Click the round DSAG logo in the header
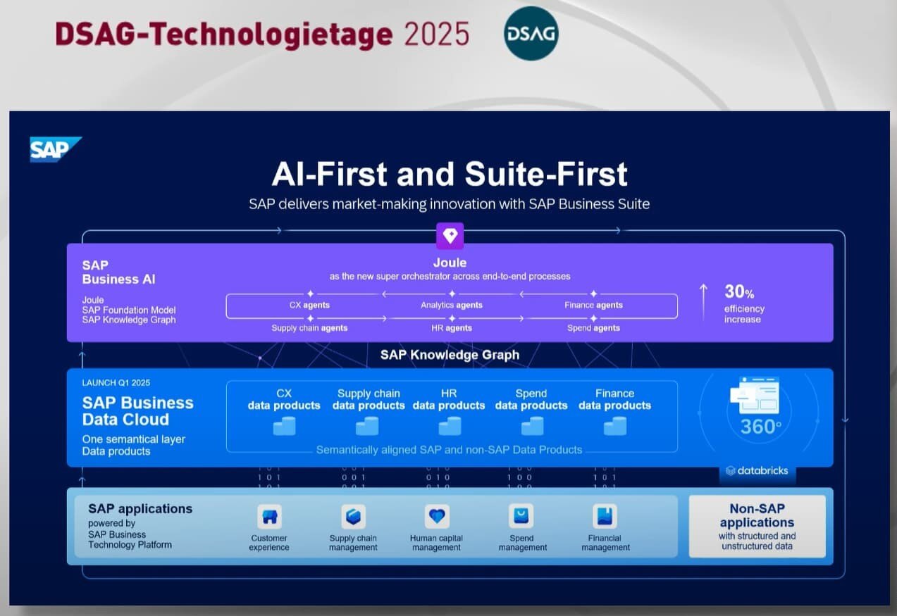tap(531, 33)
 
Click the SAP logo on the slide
tap(54, 149)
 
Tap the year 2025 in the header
tap(437, 34)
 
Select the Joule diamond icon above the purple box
tap(450, 236)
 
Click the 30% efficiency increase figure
tap(739, 291)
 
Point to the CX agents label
tap(309, 305)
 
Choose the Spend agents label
tap(593, 328)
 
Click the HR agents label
tap(451, 328)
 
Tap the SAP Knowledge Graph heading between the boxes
tap(450, 355)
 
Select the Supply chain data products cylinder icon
tap(367, 426)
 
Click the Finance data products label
tap(614, 399)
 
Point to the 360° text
tap(760, 427)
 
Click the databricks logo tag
tap(757, 470)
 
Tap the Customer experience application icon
tap(269, 517)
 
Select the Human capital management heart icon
tap(437, 517)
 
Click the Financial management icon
tap(605, 517)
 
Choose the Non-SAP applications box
tap(757, 526)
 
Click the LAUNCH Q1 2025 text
tap(116, 383)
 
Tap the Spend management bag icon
tap(521, 517)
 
